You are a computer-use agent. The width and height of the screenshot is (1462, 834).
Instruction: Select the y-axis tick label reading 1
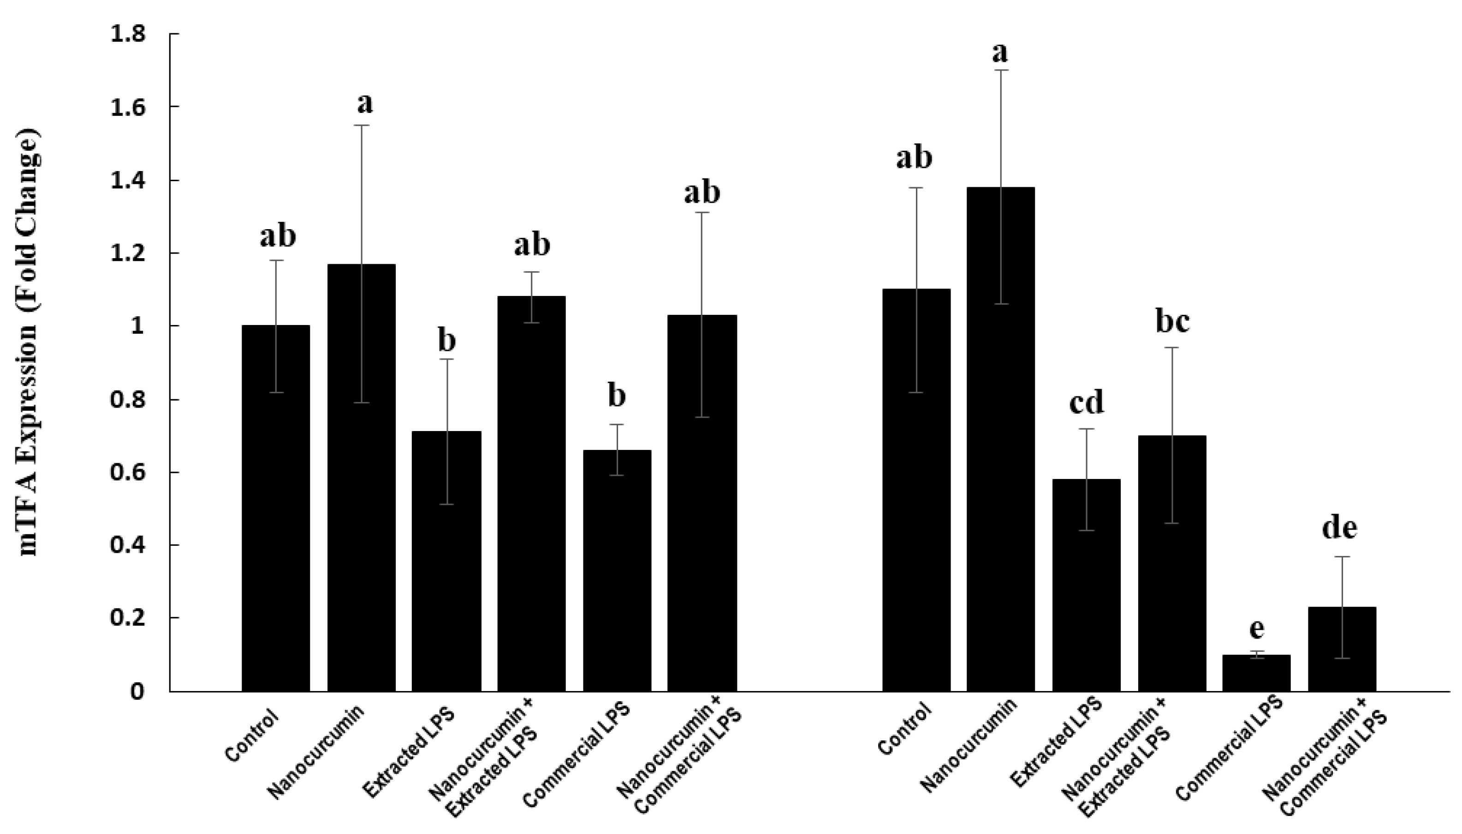(x=137, y=326)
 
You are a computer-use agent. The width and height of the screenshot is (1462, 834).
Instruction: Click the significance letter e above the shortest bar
(x=1256, y=628)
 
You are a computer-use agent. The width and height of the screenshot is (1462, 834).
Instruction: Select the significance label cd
(x=1086, y=402)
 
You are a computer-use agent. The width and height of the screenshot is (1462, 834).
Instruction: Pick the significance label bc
(x=1172, y=321)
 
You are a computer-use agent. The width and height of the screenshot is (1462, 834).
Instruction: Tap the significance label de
(x=1339, y=527)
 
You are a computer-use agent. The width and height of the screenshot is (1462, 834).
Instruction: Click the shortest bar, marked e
(x=1256, y=673)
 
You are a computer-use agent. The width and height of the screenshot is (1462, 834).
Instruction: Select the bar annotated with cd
(x=1086, y=584)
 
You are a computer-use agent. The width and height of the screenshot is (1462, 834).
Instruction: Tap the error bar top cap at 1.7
(x=1001, y=70)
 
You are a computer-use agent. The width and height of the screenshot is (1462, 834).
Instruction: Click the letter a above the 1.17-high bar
(x=364, y=104)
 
